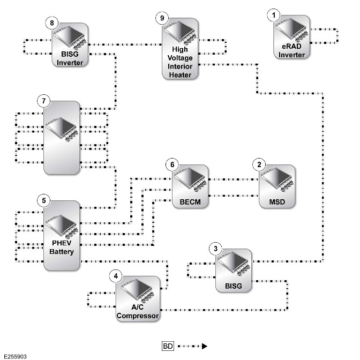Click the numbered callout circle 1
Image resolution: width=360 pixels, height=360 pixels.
tap(273, 16)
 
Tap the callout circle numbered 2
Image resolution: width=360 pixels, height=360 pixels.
tap(259, 164)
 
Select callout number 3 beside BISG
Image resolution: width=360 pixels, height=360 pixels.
tap(215, 249)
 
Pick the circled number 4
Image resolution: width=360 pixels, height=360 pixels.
tap(116, 276)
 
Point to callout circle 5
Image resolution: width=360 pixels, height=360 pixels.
tap(44, 201)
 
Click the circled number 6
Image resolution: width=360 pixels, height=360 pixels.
tap(172, 164)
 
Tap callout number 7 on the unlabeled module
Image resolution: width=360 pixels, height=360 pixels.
tap(44, 101)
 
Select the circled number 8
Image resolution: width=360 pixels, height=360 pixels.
tap(52, 23)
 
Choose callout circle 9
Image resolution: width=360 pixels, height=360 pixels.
tap(162, 18)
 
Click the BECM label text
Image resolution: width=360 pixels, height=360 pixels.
tap(190, 202)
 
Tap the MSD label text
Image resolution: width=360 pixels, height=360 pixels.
tap(277, 202)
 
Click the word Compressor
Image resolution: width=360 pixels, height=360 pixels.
tap(138, 316)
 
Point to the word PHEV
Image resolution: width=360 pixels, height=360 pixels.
tap(62, 243)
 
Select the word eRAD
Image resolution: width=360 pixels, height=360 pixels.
tap(291, 47)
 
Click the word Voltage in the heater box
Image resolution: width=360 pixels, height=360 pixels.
tap(180, 58)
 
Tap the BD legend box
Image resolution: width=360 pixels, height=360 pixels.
tap(168, 346)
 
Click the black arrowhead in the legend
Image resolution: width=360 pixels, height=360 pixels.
tap(205, 346)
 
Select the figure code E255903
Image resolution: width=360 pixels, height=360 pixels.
tap(15, 357)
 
